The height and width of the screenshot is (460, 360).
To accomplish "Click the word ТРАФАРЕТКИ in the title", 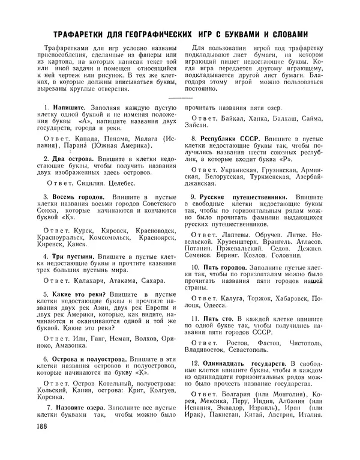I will [x=74, y=34].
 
